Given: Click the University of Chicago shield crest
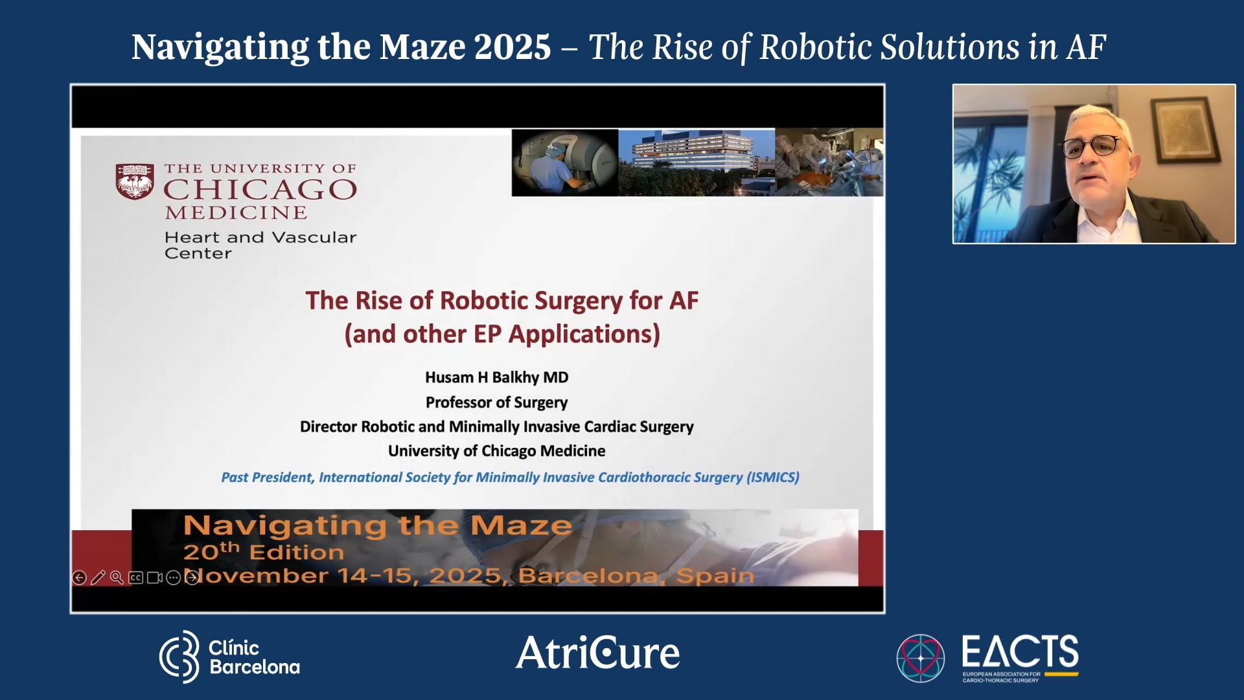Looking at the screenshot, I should point(135,181).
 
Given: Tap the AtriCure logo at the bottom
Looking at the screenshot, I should point(597,652).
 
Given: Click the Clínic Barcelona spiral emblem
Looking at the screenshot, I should point(179,657).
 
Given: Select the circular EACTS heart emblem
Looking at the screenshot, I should point(920,658).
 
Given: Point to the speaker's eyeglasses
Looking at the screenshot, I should point(1093,146).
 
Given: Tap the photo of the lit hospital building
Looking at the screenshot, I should point(697,162).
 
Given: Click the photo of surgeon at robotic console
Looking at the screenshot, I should point(564,162).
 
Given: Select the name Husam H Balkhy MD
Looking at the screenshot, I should point(496,377).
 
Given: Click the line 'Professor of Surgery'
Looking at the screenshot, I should point(496,402).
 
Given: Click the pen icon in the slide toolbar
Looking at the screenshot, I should point(98,577).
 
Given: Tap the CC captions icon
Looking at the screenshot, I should point(135,577).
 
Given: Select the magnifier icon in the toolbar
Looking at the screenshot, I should point(117,577).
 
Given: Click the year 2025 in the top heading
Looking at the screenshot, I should point(512,47).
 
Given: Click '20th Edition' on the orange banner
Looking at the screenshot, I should point(263,552).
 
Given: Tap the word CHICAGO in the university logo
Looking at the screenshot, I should point(260,190).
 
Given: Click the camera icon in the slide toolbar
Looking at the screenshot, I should point(154,577).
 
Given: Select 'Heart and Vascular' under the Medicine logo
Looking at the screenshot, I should point(260,237).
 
